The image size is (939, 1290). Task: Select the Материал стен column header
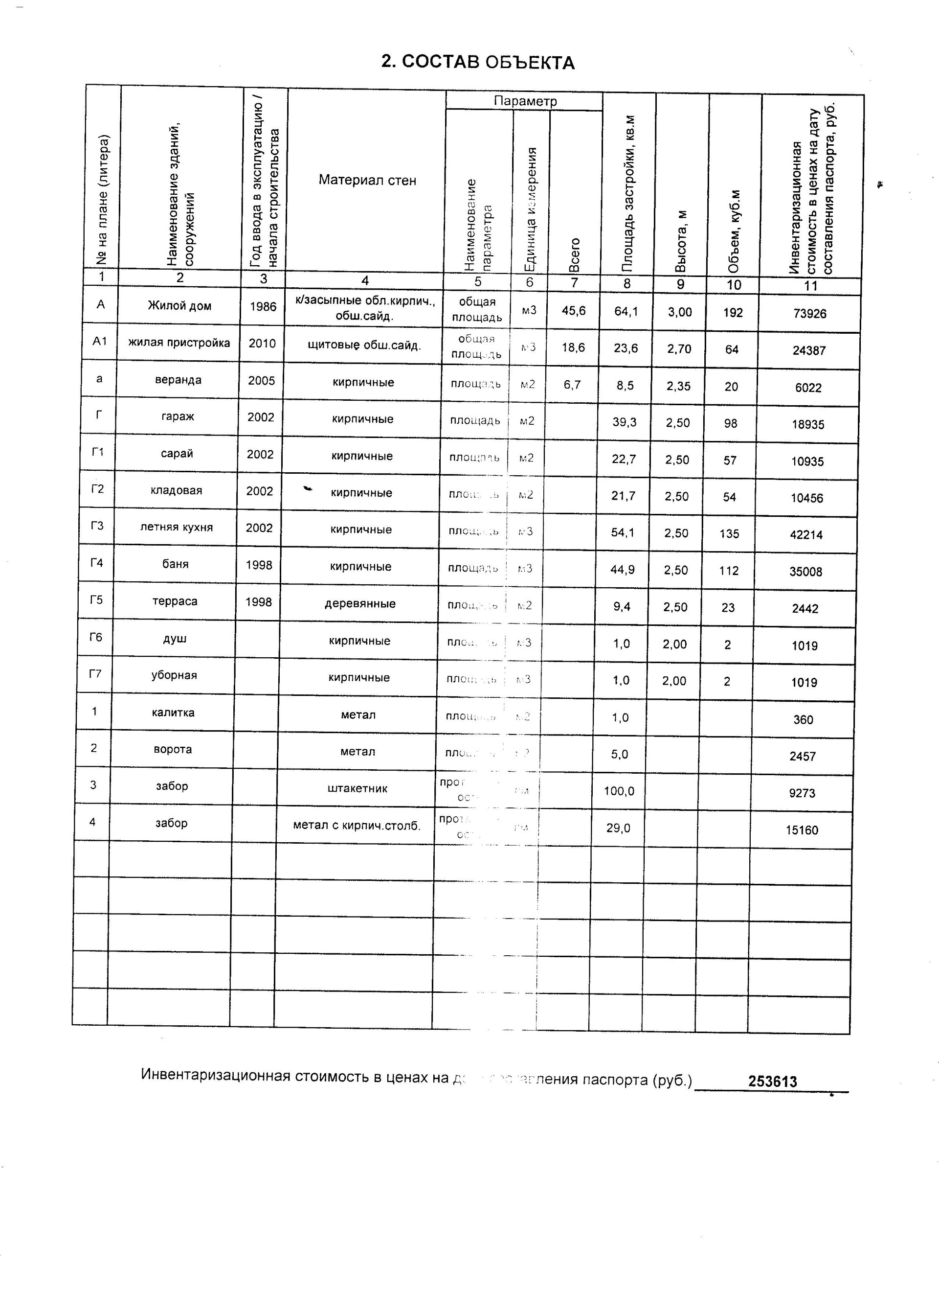(367, 180)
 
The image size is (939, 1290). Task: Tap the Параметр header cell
(525, 101)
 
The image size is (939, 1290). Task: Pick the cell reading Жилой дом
(179, 306)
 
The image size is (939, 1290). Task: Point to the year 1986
(263, 306)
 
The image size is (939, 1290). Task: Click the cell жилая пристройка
(179, 343)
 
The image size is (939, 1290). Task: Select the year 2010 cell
(262, 344)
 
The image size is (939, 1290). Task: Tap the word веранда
(178, 380)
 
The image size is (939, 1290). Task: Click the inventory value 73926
(809, 313)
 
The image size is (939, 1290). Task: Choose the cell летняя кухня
(176, 527)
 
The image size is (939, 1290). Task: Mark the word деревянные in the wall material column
(360, 603)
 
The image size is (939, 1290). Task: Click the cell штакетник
(358, 788)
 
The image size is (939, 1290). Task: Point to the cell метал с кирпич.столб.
(357, 825)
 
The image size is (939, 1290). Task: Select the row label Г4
(97, 563)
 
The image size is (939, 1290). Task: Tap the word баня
(175, 564)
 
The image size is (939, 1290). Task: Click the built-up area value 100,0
(619, 791)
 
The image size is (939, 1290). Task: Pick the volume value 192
(733, 312)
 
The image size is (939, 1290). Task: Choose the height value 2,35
(679, 386)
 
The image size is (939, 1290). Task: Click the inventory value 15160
(802, 830)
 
